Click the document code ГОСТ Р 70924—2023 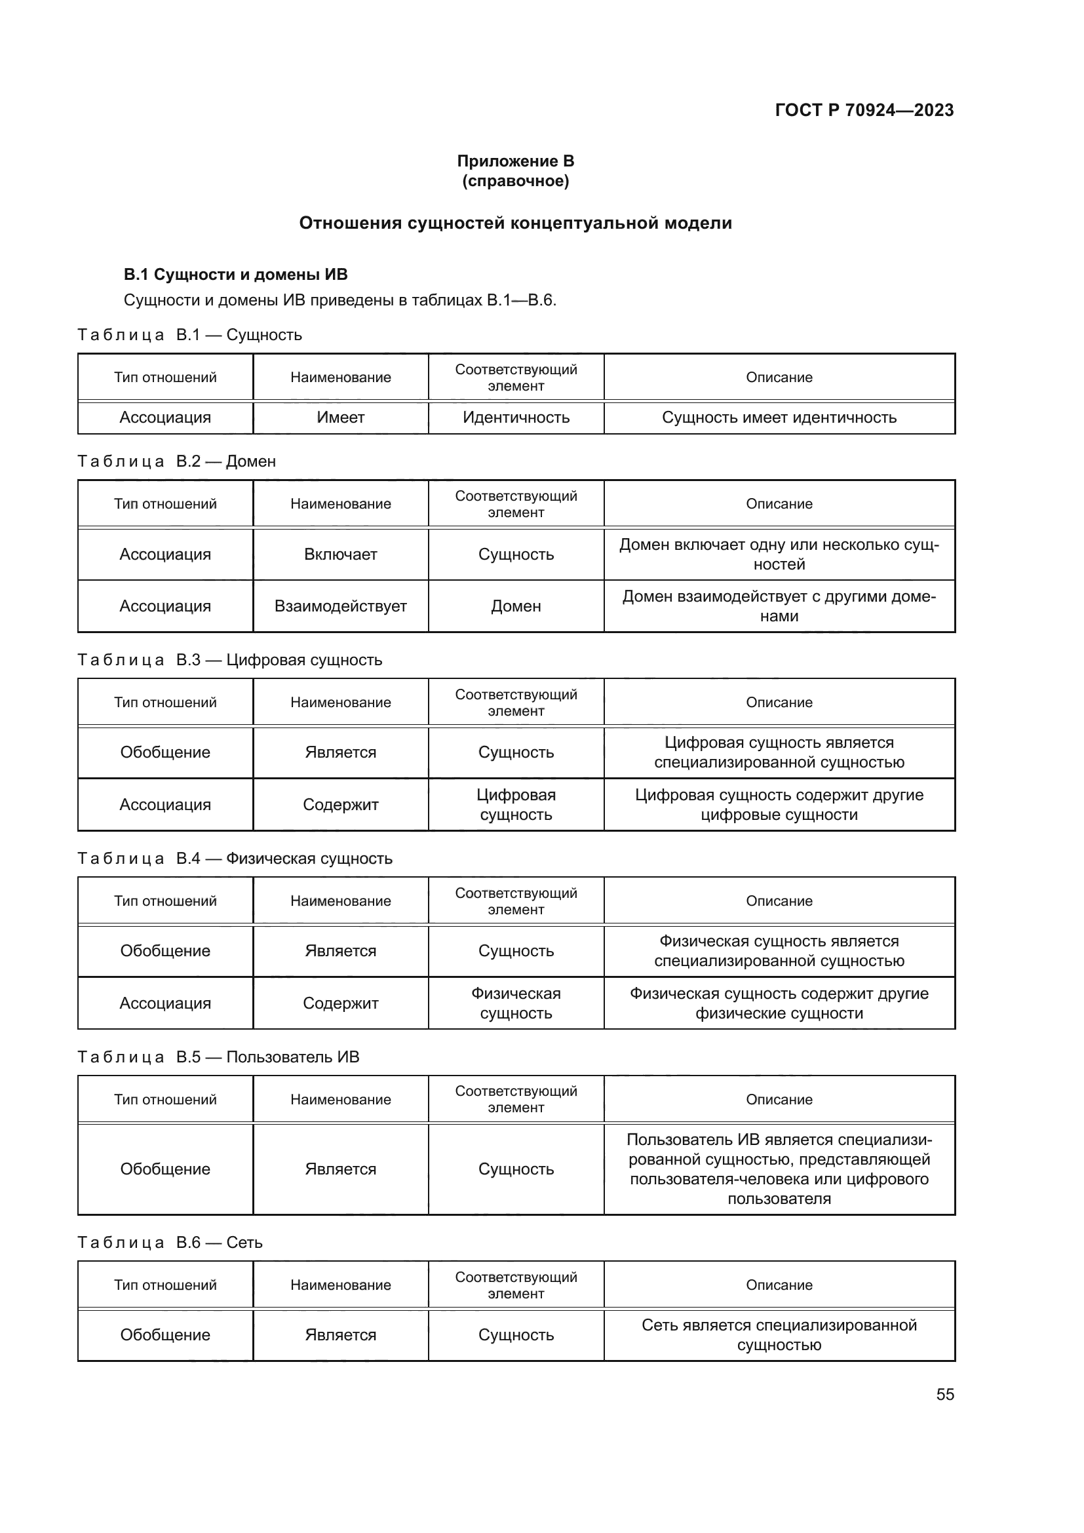(x=864, y=110)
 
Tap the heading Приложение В (x=515, y=161)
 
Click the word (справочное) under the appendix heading (x=515, y=181)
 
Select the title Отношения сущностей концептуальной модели (x=515, y=223)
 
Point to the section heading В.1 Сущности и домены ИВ (x=236, y=275)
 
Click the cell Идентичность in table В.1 (x=516, y=417)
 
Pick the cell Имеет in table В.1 (x=340, y=417)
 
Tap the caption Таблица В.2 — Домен (x=177, y=461)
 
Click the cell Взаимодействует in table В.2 (x=340, y=606)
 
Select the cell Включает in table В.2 (x=340, y=554)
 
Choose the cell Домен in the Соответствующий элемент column (x=516, y=606)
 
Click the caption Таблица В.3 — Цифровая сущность (x=230, y=660)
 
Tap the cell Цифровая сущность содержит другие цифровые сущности (x=779, y=805)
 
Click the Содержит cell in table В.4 (x=340, y=1003)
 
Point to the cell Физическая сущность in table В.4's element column (x=516, y=1003)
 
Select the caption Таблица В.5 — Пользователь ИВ (x=219, y=1057)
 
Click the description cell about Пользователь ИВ (x=779, y=1169)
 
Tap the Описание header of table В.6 (x=779, y=1285)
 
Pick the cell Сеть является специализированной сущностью (x=779, y=1334)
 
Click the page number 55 (x=944, y=1394)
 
